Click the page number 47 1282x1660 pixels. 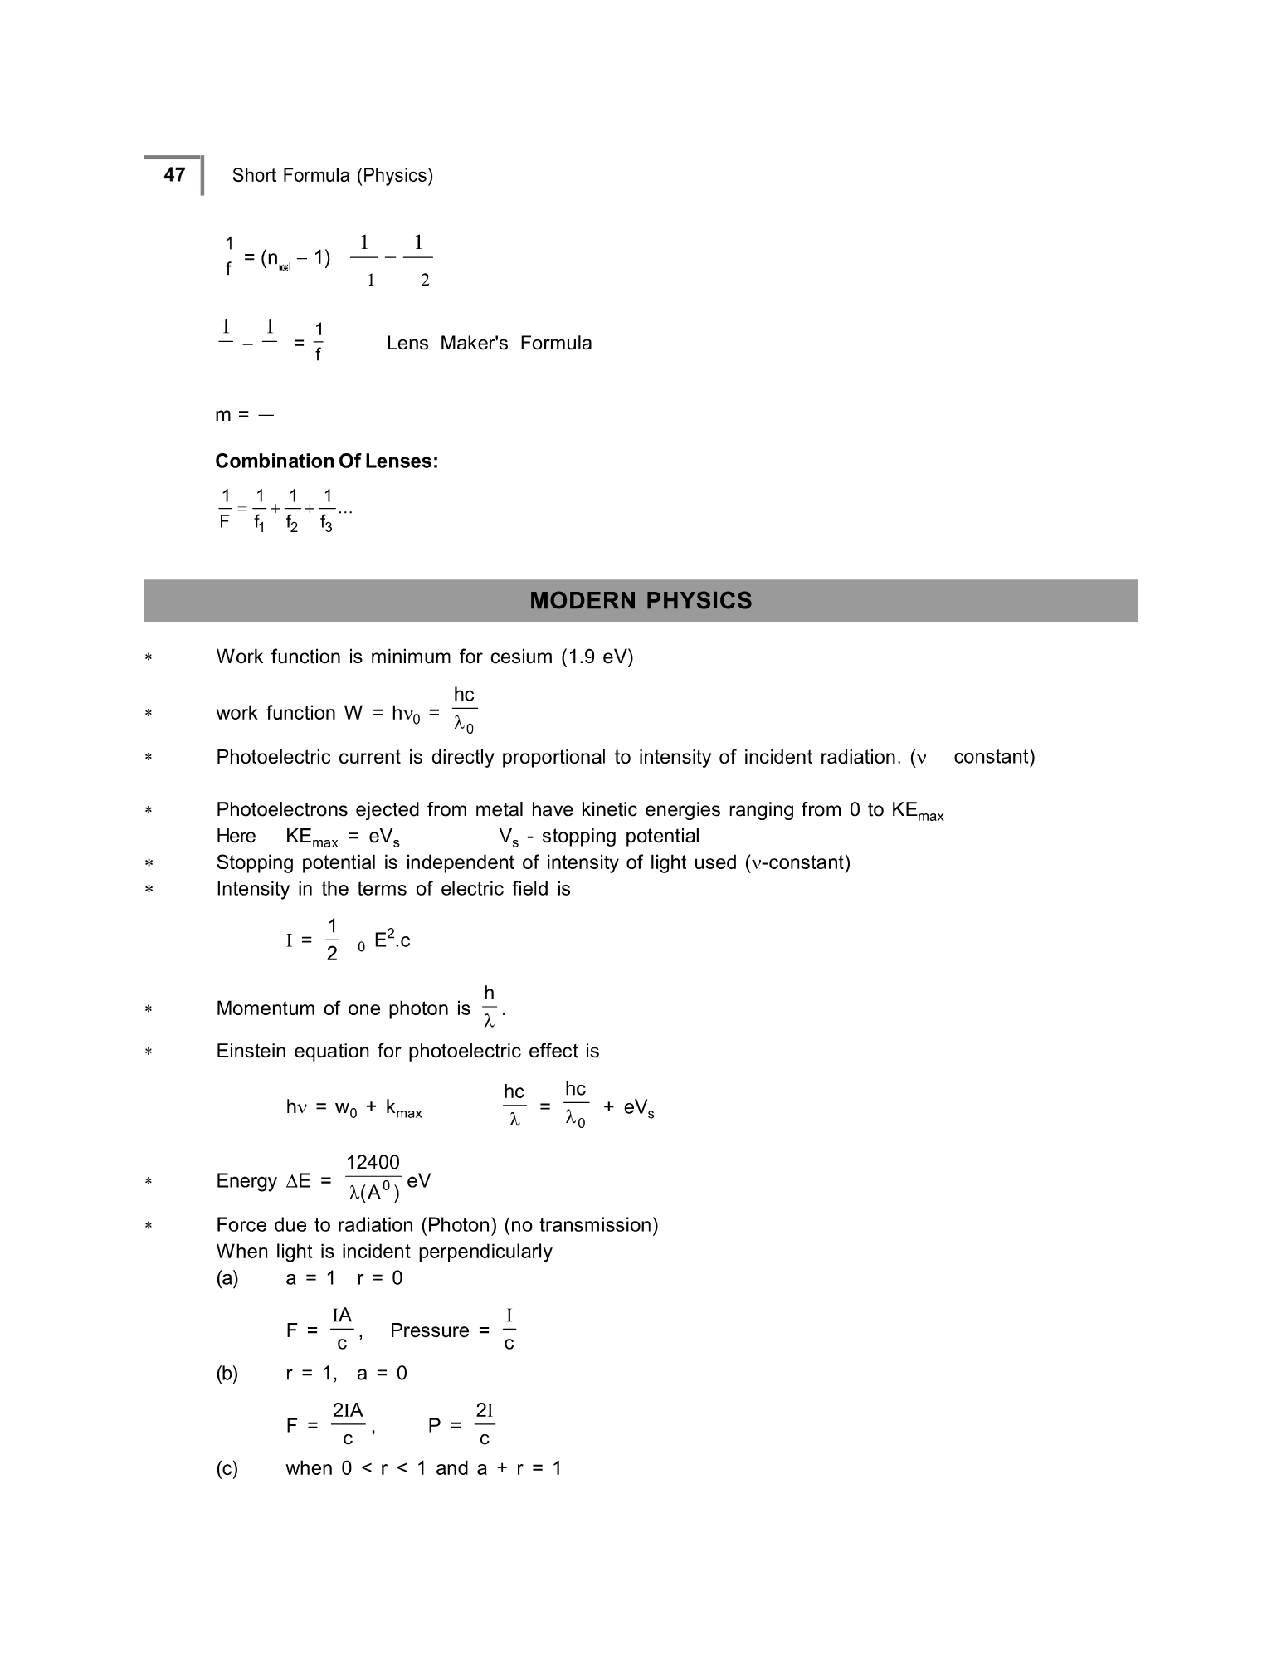pyautogui.click(x=174, y=174)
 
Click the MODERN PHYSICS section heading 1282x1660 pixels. pyautogui.click(x=641, y=601)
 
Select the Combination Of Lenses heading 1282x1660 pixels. pyautogui.click(x=326, y=461)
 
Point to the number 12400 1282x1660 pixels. pyautogui.click(x=373, y=1163)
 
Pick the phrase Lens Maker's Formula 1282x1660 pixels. pyautogui.click(x=489, y=344)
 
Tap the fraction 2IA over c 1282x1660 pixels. pyautogui.click(x=348, y=1424)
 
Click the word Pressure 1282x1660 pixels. pyautogui.click(x=429, y=1331)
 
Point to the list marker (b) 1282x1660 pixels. pyautogui.click(x=227, y=1374)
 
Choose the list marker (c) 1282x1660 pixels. pyautogui.click(x=227, y=1469)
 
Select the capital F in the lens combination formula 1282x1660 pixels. pyautogui.click(x=224, y=524)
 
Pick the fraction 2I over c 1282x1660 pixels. pyautogui.click(x=485, y=1424)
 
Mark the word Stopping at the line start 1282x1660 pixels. pyautogui.click(x=251, y=863)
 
